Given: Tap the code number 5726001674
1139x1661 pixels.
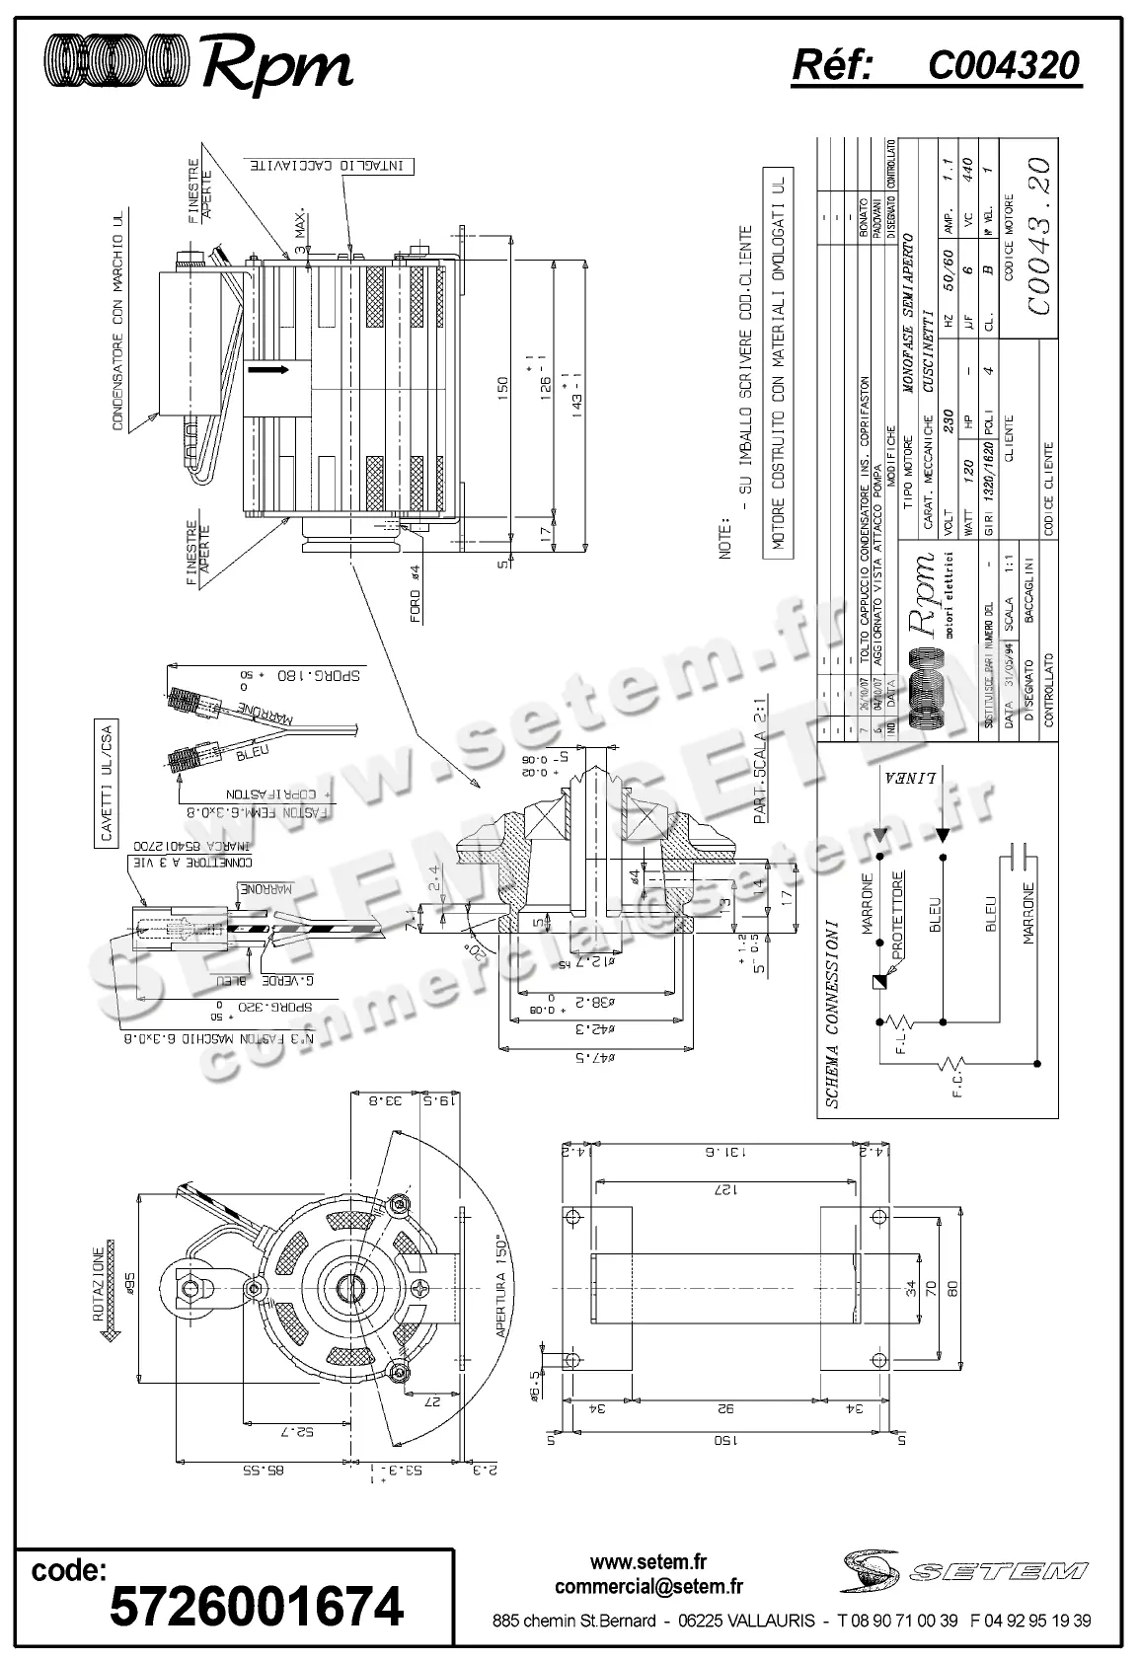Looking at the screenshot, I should pos(256,1607).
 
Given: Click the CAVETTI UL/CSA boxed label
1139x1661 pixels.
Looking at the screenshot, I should pos(106,786).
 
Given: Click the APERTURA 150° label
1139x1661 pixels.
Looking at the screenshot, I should pos(504,1285).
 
